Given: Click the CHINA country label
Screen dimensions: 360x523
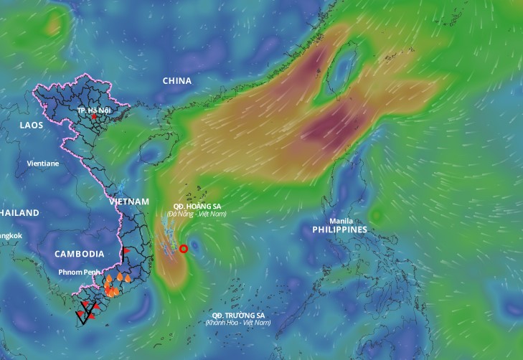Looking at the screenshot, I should (x=177, y=81).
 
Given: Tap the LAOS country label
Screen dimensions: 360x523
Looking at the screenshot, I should (x=32, y=125).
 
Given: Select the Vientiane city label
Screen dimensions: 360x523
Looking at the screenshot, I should (x=43, y=163).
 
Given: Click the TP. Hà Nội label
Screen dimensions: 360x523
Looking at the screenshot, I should (x=95, y=110).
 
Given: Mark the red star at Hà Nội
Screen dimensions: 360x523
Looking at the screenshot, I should (x=93, y=116).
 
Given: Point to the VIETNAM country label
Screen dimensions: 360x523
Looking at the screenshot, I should (x=129, y=202).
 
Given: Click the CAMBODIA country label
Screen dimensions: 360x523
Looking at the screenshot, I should (x=79, y=254).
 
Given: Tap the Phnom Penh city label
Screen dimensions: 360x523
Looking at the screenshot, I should (x=80, y=273).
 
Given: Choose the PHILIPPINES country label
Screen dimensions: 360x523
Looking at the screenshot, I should (x=339, y=229).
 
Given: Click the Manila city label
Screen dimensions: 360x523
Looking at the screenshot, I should (x=341, y=221).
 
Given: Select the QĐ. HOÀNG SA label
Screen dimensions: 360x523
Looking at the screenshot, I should (x=197, y=205).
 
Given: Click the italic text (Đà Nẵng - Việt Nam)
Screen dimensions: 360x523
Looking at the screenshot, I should (x=197, y=214).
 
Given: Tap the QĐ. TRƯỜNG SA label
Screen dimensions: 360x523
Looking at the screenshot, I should (x=237, y=316).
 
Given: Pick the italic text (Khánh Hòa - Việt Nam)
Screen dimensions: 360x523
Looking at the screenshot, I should (x=237, y=323).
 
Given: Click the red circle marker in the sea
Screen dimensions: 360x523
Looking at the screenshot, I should (x=184, y=249).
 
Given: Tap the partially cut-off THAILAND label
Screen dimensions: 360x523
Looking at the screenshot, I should (x=19, y=213).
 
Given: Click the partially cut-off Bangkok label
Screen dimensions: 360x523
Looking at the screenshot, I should (x=11, y=235).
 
